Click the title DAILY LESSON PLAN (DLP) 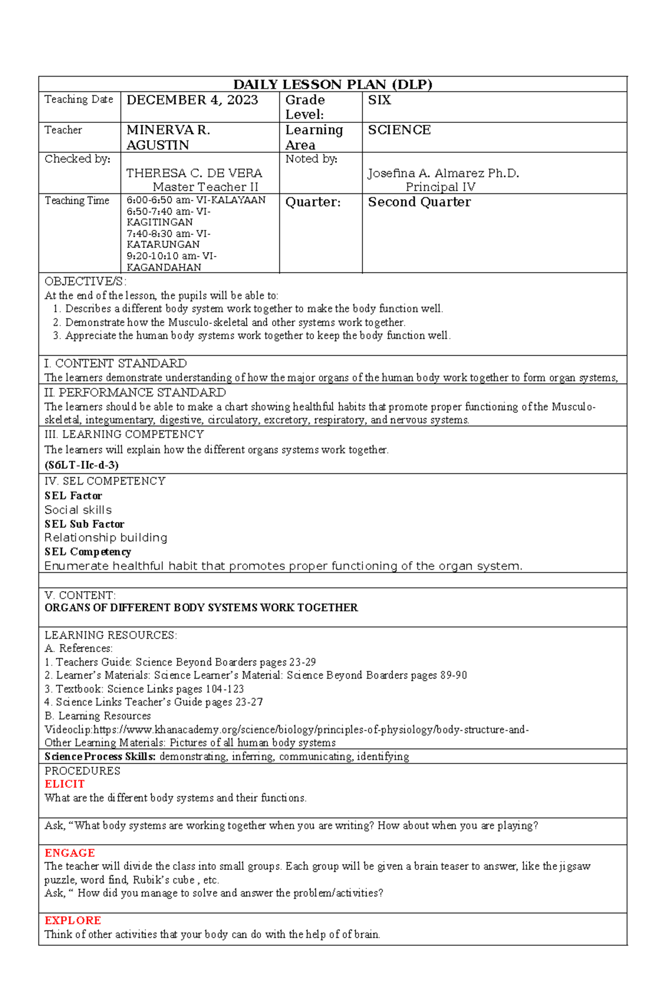click(333, 84)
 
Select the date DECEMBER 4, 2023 click(192, 100)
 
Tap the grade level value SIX click(379, 100)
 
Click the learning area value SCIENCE click(399, 130)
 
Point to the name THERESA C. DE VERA click(194, 173)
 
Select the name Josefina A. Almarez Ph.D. click(443, 173)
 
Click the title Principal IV click(440, 187)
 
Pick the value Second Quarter click(419, 202)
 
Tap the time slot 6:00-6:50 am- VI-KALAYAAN click(196, 200)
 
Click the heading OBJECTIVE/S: click(85, 281)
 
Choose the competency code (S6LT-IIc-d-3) click(81, 465)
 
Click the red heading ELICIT click(65, 784)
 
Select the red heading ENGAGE click(70, 853)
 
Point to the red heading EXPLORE click(73, 920)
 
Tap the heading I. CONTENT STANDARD click(115, 363)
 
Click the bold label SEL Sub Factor click(84, 524)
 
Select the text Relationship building click(105, 538)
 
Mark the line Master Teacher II click(205, 187)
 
